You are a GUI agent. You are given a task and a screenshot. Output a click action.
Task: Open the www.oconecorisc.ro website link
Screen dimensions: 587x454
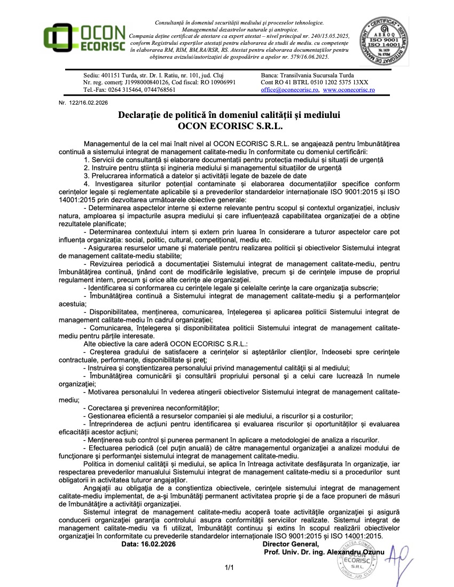(x=349, y=90)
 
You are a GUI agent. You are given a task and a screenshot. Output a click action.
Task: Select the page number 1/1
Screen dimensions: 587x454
(x=230, y=568)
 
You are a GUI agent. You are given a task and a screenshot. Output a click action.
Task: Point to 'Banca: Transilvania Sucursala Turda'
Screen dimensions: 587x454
(x=307, y=75)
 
